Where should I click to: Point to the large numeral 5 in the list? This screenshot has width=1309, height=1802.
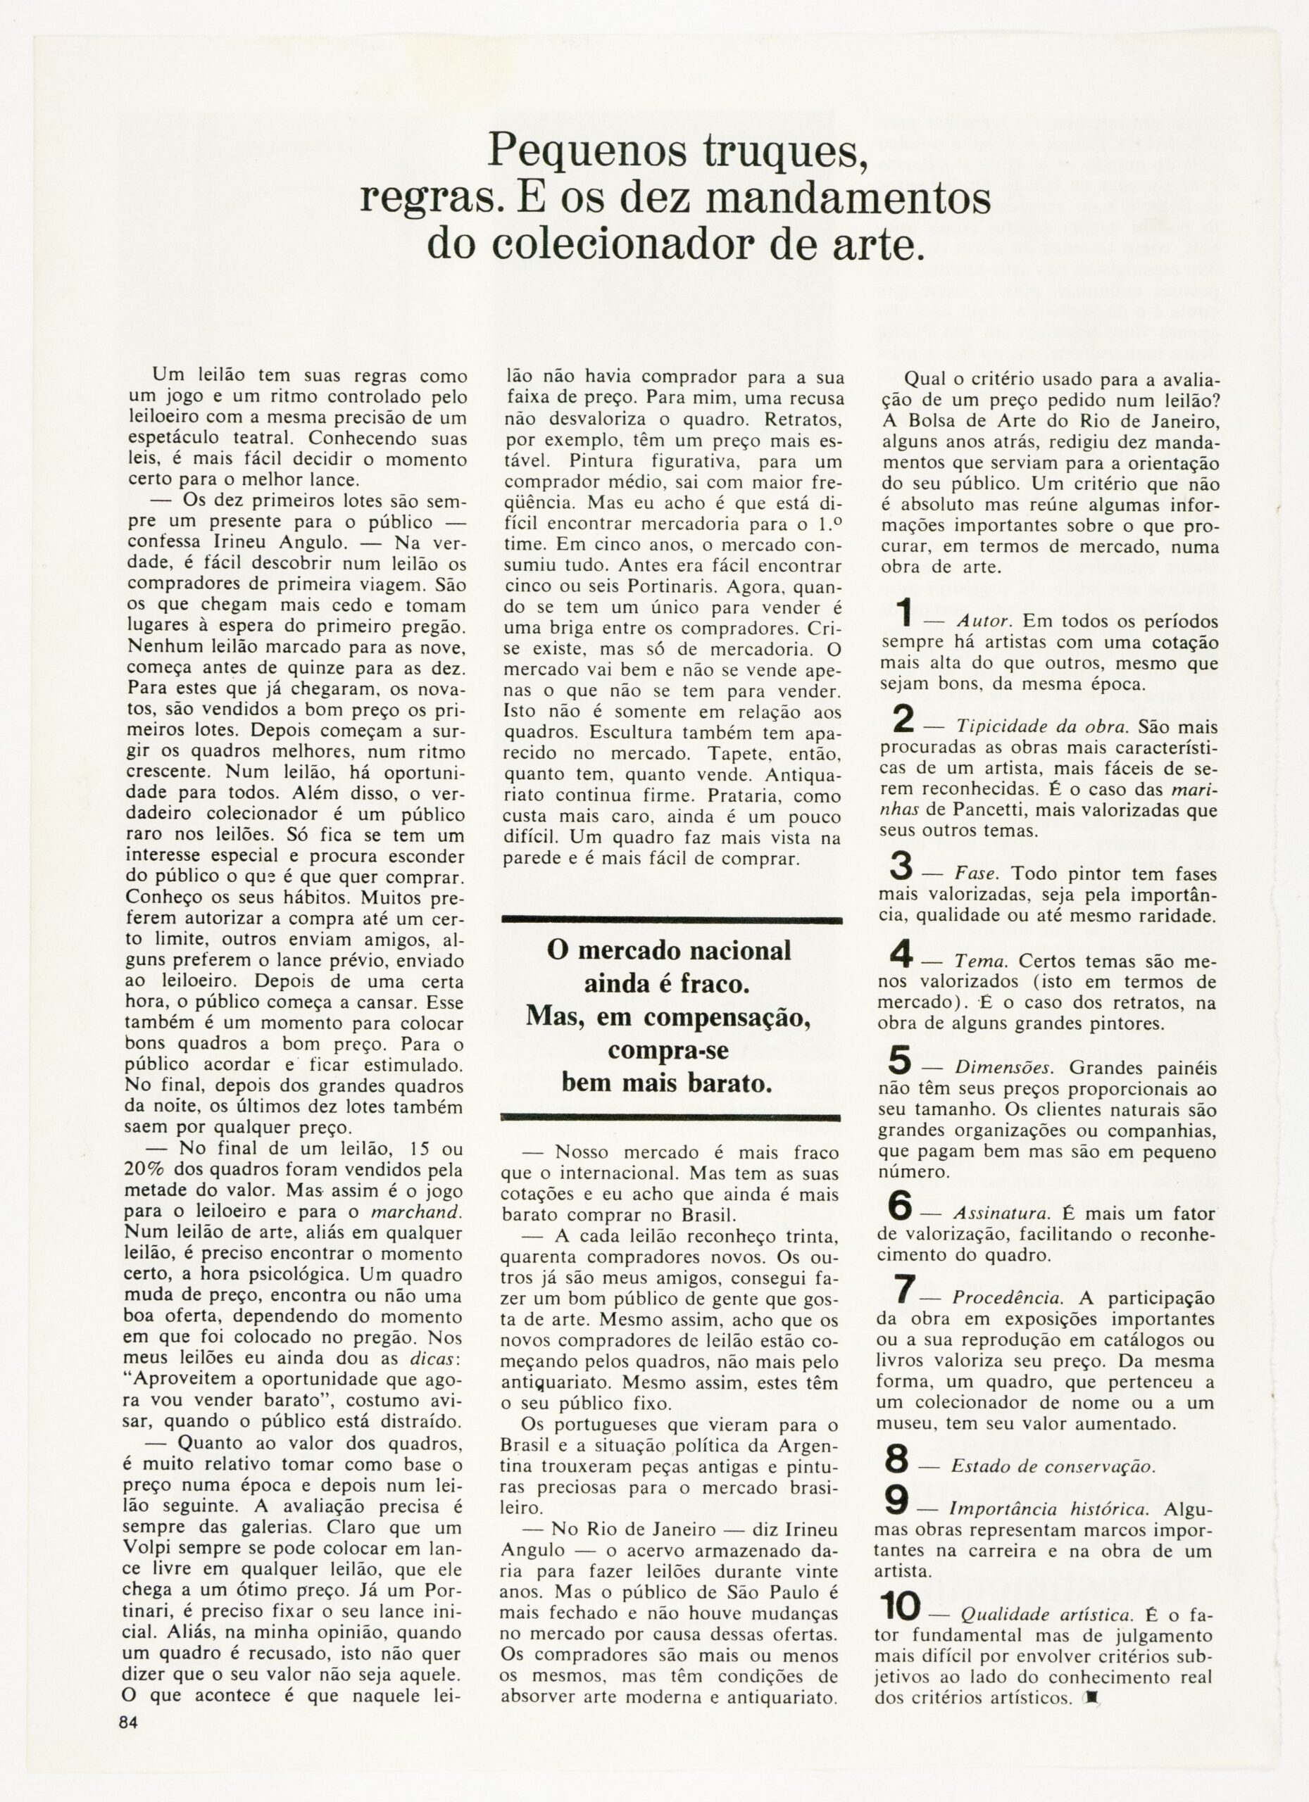point(900,1061)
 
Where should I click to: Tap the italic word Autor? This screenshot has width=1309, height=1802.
point(983,621)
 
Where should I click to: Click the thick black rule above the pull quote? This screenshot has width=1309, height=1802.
point(671,921)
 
